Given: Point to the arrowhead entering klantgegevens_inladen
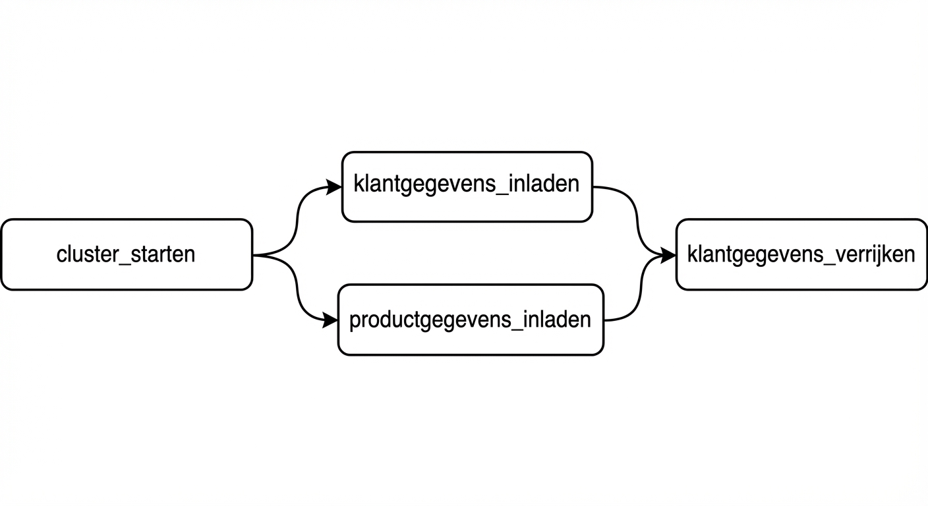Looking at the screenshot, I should [335, 188].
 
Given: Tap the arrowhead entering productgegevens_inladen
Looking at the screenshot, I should [331, 321].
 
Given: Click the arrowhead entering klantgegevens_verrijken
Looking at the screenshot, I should [668, 254].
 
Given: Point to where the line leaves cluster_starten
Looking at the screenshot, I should [255, 254].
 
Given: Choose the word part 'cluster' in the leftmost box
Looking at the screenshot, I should [86, 254].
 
